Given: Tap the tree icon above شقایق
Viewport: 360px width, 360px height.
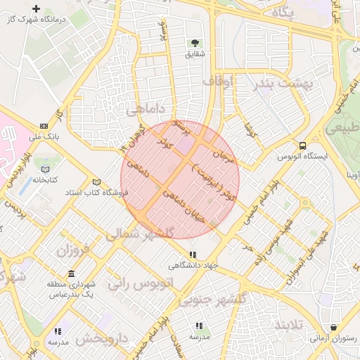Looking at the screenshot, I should [195, 44].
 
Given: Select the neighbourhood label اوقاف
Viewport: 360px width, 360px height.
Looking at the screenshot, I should [217, 82].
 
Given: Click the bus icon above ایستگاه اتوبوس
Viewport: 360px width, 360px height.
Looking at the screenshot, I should [302, 146].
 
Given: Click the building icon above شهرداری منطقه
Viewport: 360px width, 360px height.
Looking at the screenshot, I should [71, 274].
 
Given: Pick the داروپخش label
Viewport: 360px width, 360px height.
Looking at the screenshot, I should [102, 339].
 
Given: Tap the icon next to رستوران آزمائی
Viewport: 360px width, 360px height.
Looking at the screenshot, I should [333, 327].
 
